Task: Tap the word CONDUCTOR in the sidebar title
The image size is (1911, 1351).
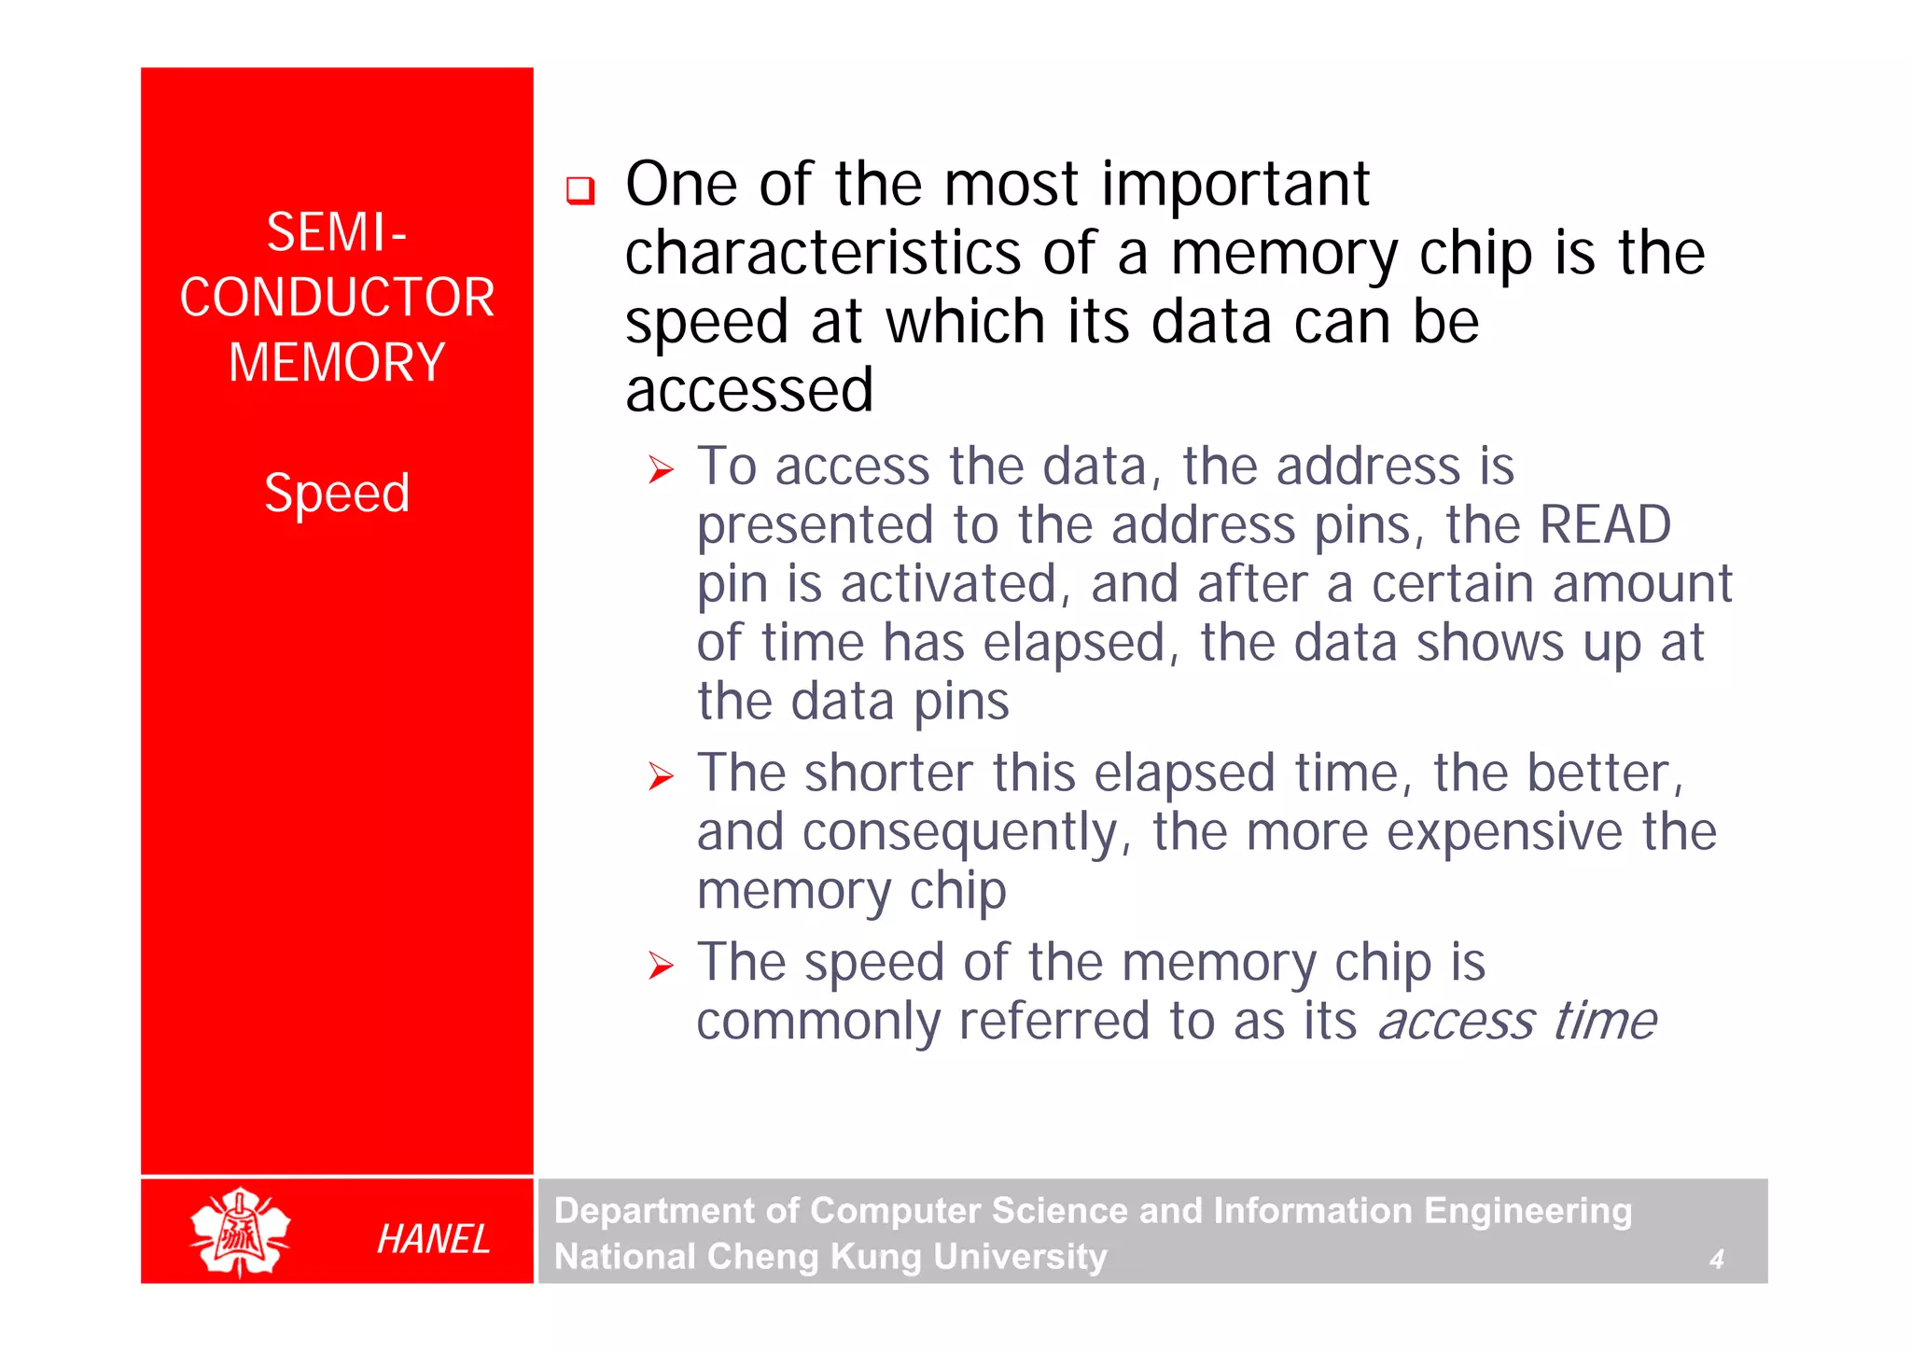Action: [x=337, y=298]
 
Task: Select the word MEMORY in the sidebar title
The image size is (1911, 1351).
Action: [x=337, y=363]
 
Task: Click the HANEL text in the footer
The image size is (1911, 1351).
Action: [x=433, y=1239]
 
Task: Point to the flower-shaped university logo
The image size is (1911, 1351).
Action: [x=240, y=1232]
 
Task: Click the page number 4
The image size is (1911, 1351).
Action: [x=1716, y=1260]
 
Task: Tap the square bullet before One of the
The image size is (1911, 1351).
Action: [x=580, y=190]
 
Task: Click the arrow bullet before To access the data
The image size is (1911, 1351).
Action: [x=661, y=469]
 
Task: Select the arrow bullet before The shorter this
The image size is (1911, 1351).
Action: [x=661, y=775]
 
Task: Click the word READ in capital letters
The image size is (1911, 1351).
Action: [x=1605, y=524]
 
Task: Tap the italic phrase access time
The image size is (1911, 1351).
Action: [x=1517, y=1021]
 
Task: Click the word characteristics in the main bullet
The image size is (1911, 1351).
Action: [x=823, y=254]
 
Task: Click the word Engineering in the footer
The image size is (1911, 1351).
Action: [x=1527, y=1210]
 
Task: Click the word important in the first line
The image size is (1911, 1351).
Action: [x=1235, y=184]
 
